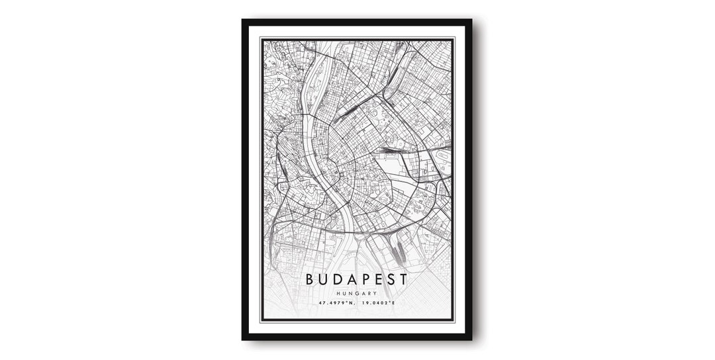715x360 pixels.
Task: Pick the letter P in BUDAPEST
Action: [x=365, y=279]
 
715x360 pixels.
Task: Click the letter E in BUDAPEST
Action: [x=378, y=279]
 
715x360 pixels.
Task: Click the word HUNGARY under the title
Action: [x=356, y=293]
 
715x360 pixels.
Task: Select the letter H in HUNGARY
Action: [x=338, y=293]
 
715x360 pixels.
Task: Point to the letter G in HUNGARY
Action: [x=356, y=293]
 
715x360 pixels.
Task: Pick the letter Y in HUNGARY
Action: [x=375, y=293]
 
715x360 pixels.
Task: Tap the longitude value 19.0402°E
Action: [x=379, y=303]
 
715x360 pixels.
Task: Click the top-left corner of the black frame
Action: [x=244, y=21]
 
